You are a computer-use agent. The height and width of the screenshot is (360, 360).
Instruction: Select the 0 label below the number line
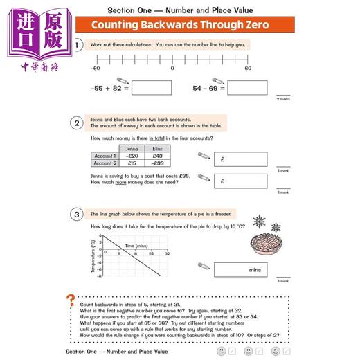pos(172,69)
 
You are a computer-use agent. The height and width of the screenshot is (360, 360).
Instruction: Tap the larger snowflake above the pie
pos(259,222)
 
